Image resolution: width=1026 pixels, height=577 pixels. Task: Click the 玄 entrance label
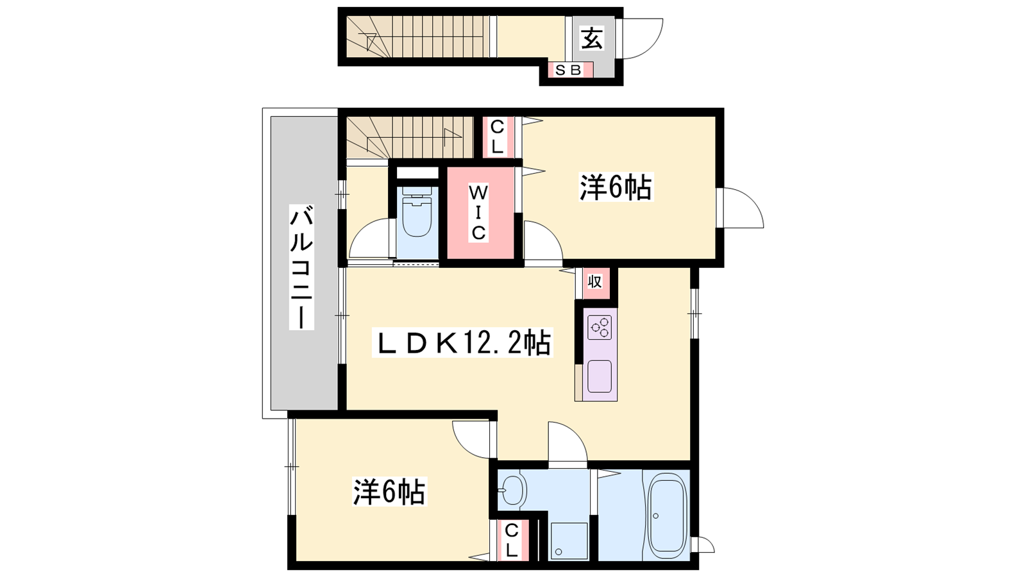[592, 38]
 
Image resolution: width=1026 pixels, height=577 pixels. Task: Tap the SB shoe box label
[568, 70]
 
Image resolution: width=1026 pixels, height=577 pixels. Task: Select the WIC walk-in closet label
[478, 212]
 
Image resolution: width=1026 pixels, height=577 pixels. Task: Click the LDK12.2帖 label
[462, 342]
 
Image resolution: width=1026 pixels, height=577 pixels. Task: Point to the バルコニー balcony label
[301, 268]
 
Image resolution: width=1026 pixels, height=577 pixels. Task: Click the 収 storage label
[594, 281]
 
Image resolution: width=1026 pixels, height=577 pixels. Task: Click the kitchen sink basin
[600, 376]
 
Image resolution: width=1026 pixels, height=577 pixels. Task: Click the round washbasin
[512, 491]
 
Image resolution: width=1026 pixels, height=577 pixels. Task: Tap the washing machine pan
[569, 541]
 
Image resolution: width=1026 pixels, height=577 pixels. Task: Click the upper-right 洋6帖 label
[616, 187]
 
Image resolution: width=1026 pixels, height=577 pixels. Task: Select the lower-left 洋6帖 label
[389, 491]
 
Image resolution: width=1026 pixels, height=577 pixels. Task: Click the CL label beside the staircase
[497, 137]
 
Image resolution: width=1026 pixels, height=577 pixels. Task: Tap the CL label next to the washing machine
[512, 541]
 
